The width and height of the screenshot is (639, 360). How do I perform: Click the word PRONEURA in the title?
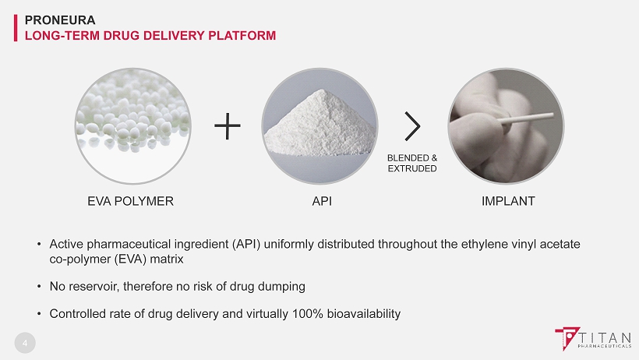(60, 20)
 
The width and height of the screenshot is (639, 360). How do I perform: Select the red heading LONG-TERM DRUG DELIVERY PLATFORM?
(150, 36)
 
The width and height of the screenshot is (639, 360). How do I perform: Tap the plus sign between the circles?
(228, 126)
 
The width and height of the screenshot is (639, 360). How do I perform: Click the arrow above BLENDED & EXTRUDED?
(412, 126)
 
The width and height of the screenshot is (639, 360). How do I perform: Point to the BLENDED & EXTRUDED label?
(412, 163)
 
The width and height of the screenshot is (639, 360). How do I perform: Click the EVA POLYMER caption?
(130, 201)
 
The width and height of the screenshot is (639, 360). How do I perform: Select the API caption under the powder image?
(322, 201)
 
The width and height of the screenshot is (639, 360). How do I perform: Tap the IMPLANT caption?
(508, 201)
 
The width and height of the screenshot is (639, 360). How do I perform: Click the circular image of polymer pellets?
(132, 126)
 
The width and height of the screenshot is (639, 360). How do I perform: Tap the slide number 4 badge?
(25, 343)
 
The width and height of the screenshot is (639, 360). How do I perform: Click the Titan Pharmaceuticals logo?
(593, 338)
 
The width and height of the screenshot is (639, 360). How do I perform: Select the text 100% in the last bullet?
(308, 313)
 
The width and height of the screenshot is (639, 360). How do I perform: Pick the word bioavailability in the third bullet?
(363, 314)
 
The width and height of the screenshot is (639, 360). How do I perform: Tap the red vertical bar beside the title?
(16, 28)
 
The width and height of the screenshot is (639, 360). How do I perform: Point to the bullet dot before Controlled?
(39, 313)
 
